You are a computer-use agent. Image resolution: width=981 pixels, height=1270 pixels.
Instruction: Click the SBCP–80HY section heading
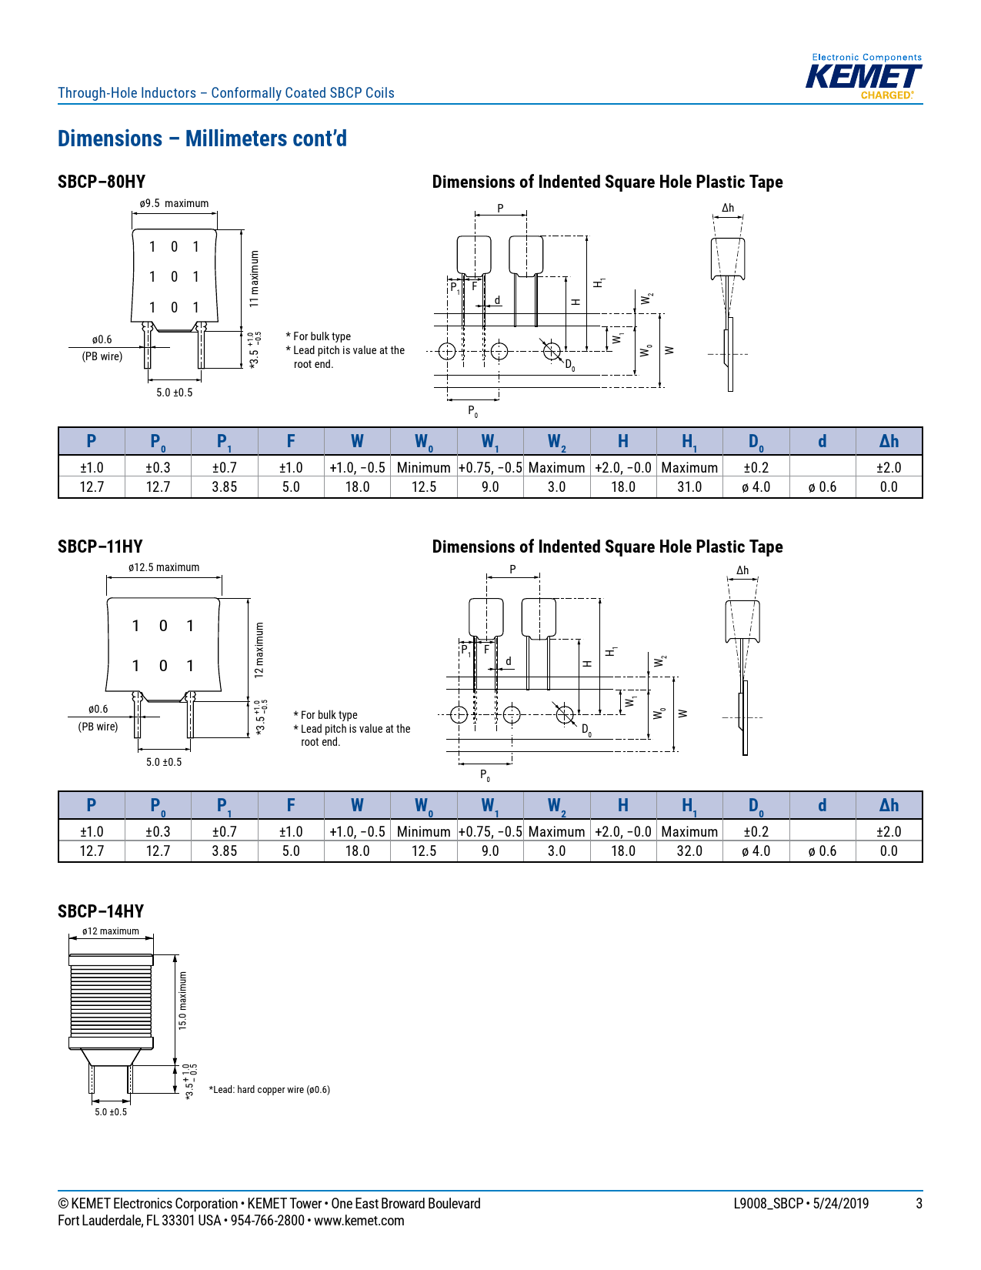[x=102, y=182]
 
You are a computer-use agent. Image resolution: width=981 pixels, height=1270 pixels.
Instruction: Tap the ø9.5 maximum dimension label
[x=174, y=203]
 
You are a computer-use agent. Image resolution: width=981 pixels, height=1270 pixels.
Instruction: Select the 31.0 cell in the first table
[x=689, y=486]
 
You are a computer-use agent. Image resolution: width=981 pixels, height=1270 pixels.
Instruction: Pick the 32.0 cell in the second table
[x=689, y=851]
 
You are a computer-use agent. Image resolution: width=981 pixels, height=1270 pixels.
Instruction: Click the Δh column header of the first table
[x=888, y=441]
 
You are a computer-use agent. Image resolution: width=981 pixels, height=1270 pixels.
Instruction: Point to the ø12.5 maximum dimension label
[x=164, y=567]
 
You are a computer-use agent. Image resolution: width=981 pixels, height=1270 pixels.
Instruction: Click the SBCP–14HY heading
[x=101, y=911]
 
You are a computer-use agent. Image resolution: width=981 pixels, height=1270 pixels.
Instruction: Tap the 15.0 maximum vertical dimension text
[x=183, y=1001]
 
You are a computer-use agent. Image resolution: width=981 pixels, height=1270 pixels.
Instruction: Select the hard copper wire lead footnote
[x=269, y=1090]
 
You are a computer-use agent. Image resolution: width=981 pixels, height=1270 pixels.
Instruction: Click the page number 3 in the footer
[x=919, y=1204]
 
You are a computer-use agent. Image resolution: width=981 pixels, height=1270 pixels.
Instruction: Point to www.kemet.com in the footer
[x=359, y=1221]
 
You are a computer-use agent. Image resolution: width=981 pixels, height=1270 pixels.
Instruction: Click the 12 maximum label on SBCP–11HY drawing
[x=259, y=650]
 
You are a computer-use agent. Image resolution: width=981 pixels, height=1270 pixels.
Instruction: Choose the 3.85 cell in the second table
[x=224, y=851]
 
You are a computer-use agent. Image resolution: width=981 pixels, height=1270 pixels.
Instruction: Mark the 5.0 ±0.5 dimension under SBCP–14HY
[x=111, y=1112]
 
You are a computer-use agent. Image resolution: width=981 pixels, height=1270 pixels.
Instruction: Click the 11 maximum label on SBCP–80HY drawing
[x=255, y=279]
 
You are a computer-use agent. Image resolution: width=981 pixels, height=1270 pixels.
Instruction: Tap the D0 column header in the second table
[x=756, y=805]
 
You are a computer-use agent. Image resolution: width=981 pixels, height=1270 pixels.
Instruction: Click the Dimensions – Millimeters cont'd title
[x=202, y=139]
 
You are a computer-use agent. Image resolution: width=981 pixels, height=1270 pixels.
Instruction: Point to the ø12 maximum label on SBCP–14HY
[x=111, y=931]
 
